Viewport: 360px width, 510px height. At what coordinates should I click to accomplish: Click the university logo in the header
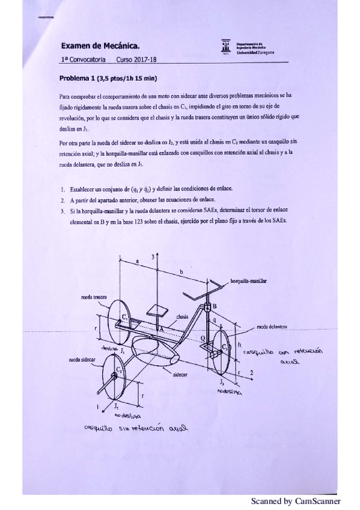225,48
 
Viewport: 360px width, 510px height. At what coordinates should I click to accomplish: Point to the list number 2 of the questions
63,200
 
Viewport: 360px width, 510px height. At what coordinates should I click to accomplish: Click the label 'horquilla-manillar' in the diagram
249,280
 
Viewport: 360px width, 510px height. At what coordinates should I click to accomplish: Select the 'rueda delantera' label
271,327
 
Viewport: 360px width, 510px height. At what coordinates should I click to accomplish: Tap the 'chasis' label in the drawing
183,316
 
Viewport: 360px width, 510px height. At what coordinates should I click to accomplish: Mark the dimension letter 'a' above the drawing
138,262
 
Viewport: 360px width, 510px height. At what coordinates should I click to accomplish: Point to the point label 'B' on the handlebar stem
215,306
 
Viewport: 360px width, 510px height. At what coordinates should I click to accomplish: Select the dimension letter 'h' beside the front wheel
239,345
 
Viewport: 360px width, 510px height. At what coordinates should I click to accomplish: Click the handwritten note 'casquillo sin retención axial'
135,429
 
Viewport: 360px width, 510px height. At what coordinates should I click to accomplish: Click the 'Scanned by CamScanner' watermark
295,500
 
